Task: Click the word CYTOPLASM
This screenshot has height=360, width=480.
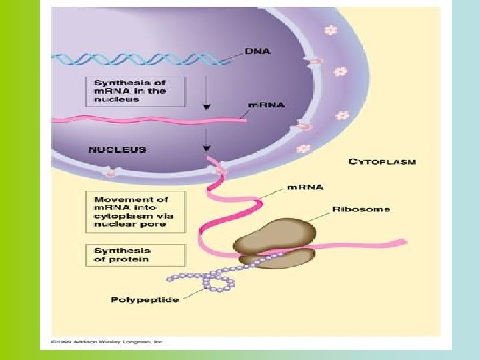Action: click(382, 161)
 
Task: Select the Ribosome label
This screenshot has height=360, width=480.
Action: click(362, 209)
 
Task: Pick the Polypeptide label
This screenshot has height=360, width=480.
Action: click(145, 300)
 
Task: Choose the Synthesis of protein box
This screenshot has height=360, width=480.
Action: click(136, 255)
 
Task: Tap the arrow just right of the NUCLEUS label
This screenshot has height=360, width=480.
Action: click(207, 140)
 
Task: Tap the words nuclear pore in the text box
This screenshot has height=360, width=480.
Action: click(121, 225)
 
